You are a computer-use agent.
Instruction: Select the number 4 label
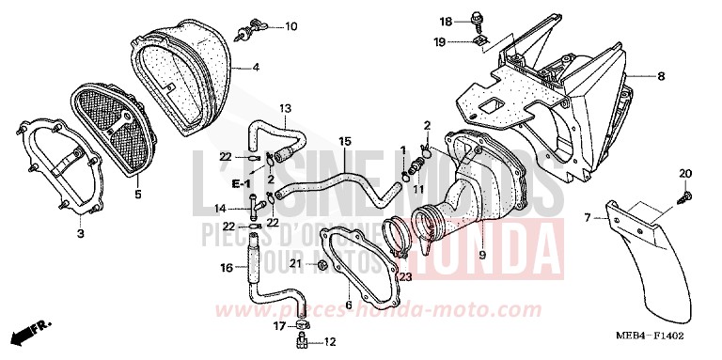256,68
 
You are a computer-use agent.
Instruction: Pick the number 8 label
661,75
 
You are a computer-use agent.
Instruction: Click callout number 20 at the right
684,173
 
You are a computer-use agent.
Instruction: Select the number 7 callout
587,218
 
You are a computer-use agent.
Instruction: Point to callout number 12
329,342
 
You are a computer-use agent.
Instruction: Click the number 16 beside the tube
226,268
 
